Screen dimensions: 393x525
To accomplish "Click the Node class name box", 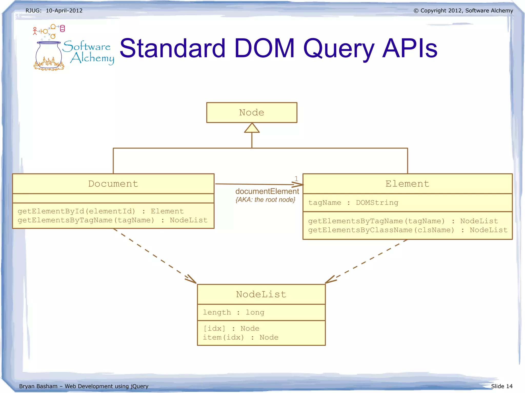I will pyautogui.click(x=251, y=113).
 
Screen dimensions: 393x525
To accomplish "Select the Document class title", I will pyautogui.click(x=113, y=184).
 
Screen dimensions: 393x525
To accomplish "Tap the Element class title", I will pyautogui.click(x=407, y=184).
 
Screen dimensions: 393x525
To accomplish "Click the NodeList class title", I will pyautogui.click(x=261, y=294).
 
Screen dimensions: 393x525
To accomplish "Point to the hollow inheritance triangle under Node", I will pyautogui.click(x=252, y=128).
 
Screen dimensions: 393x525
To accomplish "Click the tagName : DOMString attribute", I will pyautogui.click(x=353, y=203).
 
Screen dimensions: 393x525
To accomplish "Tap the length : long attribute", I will pyautogui.click(x=233, y=312).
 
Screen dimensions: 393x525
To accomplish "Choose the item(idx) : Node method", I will pyautogui.click(x=240, y=337).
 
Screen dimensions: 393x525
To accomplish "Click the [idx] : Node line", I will pyautogui.click(x=231, y=328).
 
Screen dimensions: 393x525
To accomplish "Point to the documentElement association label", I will pyautogui.click(x=267, y=192).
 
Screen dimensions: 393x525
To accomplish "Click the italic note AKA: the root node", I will pyautogui.click(x=265, y=200).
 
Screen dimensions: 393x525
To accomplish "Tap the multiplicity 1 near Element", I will pyautogui.click(x=296, y=178).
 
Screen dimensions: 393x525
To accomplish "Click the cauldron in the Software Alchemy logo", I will pyautogui.click(x=49, y=55).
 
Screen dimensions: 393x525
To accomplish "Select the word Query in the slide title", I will pyautogui.click(x=339, y=49).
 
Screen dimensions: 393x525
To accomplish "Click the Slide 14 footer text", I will pyautogui.click(x=501, y=386).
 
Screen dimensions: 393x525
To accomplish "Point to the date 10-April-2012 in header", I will pyautogui.click(x=64, y=11).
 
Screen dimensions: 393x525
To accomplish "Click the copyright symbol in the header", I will pyautogui.click(x=416, y=11).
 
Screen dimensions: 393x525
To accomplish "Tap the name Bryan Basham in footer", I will pyautogui.click(x=38, y=386).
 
